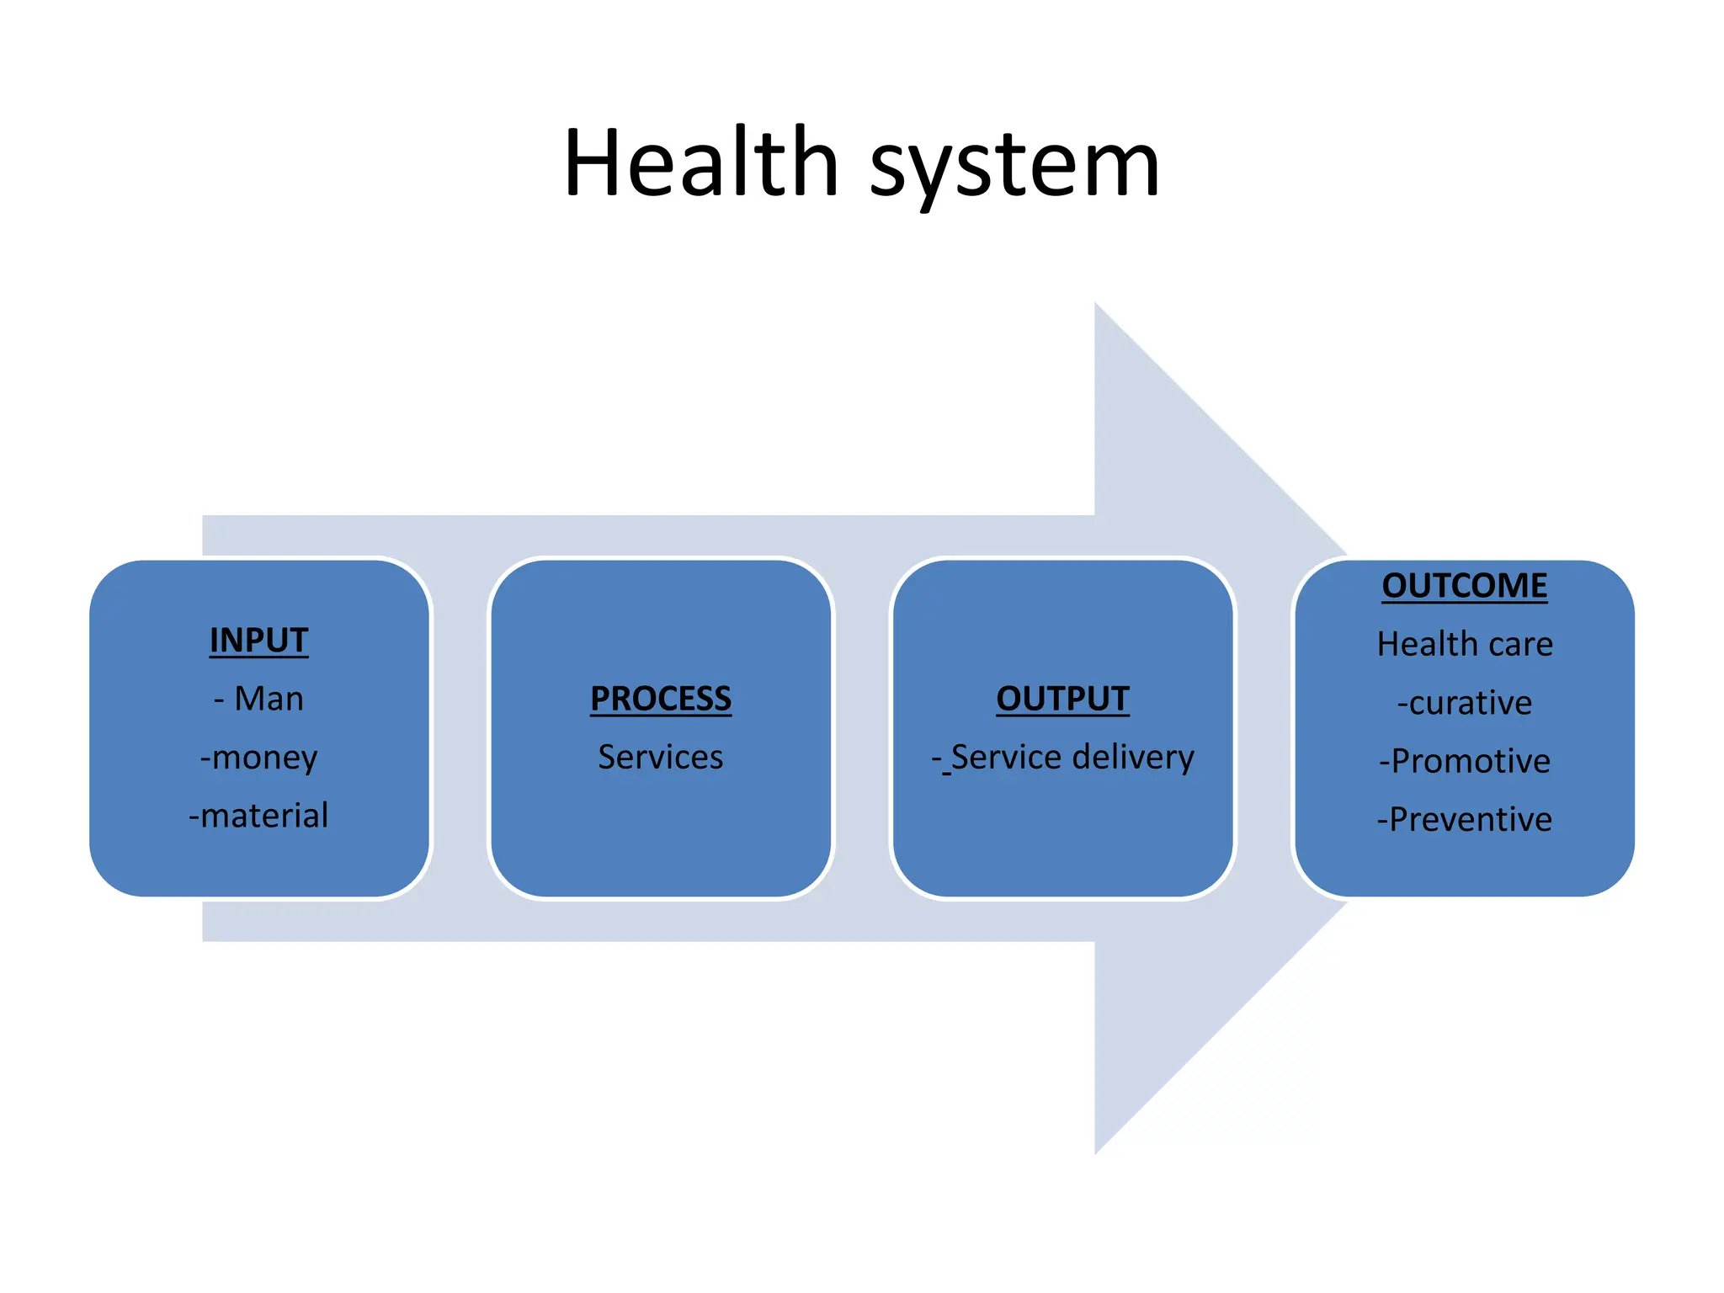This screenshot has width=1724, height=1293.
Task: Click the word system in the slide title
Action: coord(1014,167)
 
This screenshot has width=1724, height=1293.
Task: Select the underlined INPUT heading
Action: coord(258,641)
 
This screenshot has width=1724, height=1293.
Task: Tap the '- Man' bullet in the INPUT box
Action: coord(258,699)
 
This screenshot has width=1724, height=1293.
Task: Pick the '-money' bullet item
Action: coord(258,758)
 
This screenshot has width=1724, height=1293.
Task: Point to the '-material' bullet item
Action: coord(258,816)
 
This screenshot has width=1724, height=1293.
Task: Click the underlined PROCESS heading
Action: coord(661,699)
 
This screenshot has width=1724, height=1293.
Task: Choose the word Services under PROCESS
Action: coord(661,757)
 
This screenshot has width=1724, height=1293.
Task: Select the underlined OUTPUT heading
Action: coord(1062,699)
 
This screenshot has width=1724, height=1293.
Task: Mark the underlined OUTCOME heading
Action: coord(1465,586)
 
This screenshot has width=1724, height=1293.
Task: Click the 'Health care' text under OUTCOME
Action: coord(1465,644)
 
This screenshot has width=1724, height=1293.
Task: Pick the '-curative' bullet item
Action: coord(1465,703)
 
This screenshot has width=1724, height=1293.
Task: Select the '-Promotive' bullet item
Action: coord(1465,761)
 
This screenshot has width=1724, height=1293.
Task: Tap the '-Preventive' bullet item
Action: coord(1465,819)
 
